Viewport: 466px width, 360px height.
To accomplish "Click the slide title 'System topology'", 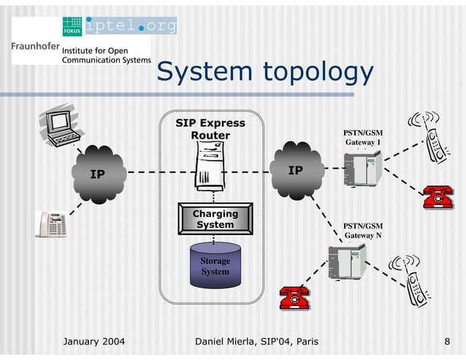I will [264, 72].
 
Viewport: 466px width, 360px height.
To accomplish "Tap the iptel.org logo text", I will [131, 26].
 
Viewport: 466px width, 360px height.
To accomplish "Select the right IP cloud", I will [296, 171].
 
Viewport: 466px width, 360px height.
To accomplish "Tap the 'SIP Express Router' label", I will [210, 129].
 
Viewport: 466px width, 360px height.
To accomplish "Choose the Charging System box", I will [215, 219].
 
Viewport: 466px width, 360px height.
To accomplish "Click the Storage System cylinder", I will [215, 267].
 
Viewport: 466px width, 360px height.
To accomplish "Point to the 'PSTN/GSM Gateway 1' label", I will [363, 137].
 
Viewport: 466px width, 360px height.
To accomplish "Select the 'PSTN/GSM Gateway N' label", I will [363, 231].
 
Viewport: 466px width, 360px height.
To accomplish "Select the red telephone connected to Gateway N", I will [294, 297].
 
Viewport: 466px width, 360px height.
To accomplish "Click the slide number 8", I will [446, 341].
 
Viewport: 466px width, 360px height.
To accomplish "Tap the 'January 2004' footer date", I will [94, 341].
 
